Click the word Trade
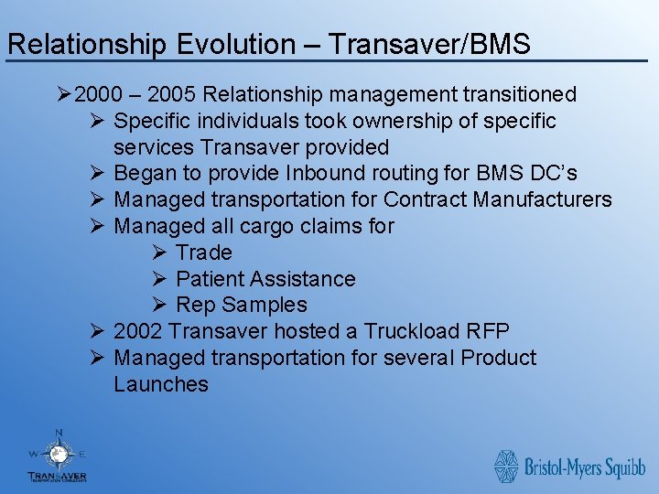(204, 252)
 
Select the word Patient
(210, 279)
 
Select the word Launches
(161, 384)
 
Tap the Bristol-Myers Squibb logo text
(585, 467)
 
